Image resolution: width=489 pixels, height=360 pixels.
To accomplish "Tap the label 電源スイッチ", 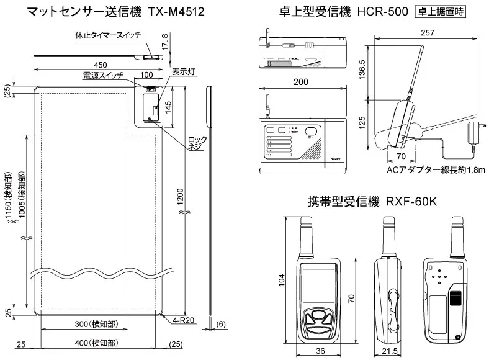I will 103,75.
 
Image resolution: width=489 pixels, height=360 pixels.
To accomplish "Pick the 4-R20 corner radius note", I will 185,321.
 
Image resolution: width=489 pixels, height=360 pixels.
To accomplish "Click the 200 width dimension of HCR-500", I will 301,83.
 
